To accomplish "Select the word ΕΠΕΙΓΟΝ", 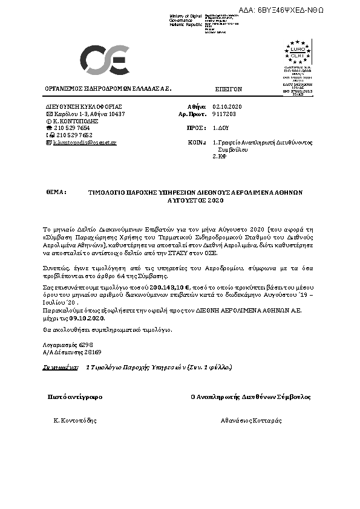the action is click(229, 88).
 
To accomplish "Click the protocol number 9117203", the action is click(223, 114).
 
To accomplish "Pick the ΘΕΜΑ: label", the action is click(56, 191).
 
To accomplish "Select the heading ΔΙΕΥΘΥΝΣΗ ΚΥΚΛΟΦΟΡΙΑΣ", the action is click(80, 106).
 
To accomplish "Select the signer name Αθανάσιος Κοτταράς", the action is click(248, 420).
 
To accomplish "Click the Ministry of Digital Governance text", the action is click(182, 19).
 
